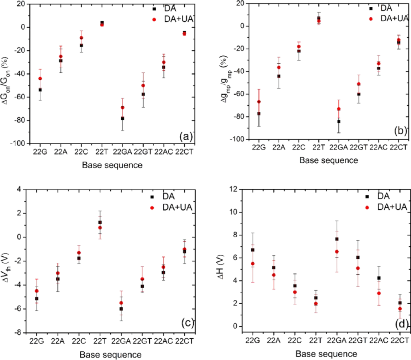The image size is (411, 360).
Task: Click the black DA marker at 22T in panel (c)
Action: (100, 222)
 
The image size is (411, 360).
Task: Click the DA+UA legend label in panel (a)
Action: (171, 18)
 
